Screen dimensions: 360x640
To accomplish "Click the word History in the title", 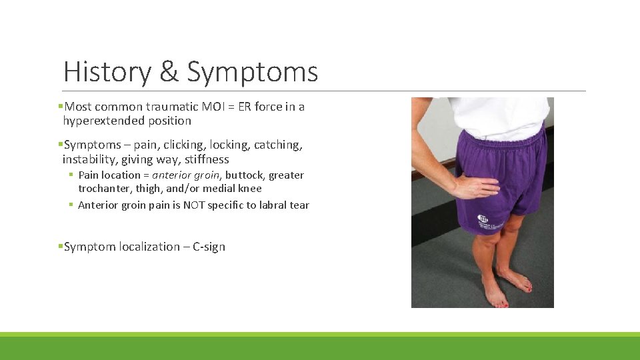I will (x=107, y=72).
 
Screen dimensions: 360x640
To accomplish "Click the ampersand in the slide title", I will (x=169, y=72).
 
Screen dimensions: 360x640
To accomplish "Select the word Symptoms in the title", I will (x=252, y=72).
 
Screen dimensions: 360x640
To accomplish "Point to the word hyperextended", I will (x=103, y=121).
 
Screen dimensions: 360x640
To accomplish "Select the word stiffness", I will (x=205, y=159).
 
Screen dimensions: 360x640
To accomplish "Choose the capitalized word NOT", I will (x=194, y=205).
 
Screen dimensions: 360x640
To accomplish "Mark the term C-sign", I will (x=209, y=247).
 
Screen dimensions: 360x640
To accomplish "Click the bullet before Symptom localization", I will (x=61, y=247).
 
